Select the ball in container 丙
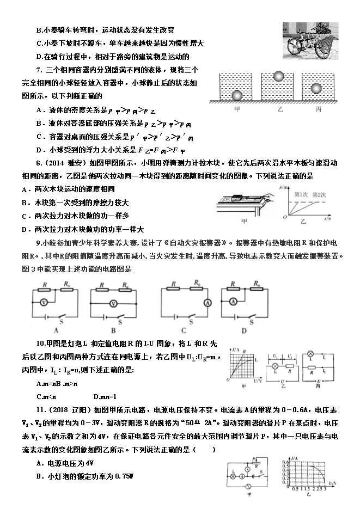click(316, 88)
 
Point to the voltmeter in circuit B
click(113, 303)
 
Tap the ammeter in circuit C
click(207, 302)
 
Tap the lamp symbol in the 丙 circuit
click(310, 353)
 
